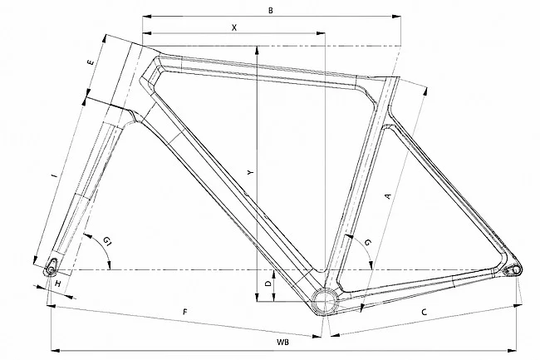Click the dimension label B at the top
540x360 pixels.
tap(271, 9)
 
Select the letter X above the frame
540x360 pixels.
tap(234, 27)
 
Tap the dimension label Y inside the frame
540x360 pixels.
tap(249, 171)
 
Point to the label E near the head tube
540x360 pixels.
tap(90, 63)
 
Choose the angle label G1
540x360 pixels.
tap(108, 242)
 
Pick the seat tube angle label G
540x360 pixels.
tap(368, 241)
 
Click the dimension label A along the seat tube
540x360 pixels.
tap(386, 196)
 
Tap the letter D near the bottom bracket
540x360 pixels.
tap(267, 284)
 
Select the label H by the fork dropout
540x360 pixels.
tap(57, 284)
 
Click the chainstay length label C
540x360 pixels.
tap(424, 313)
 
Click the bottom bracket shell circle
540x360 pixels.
tap(324, 300)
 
